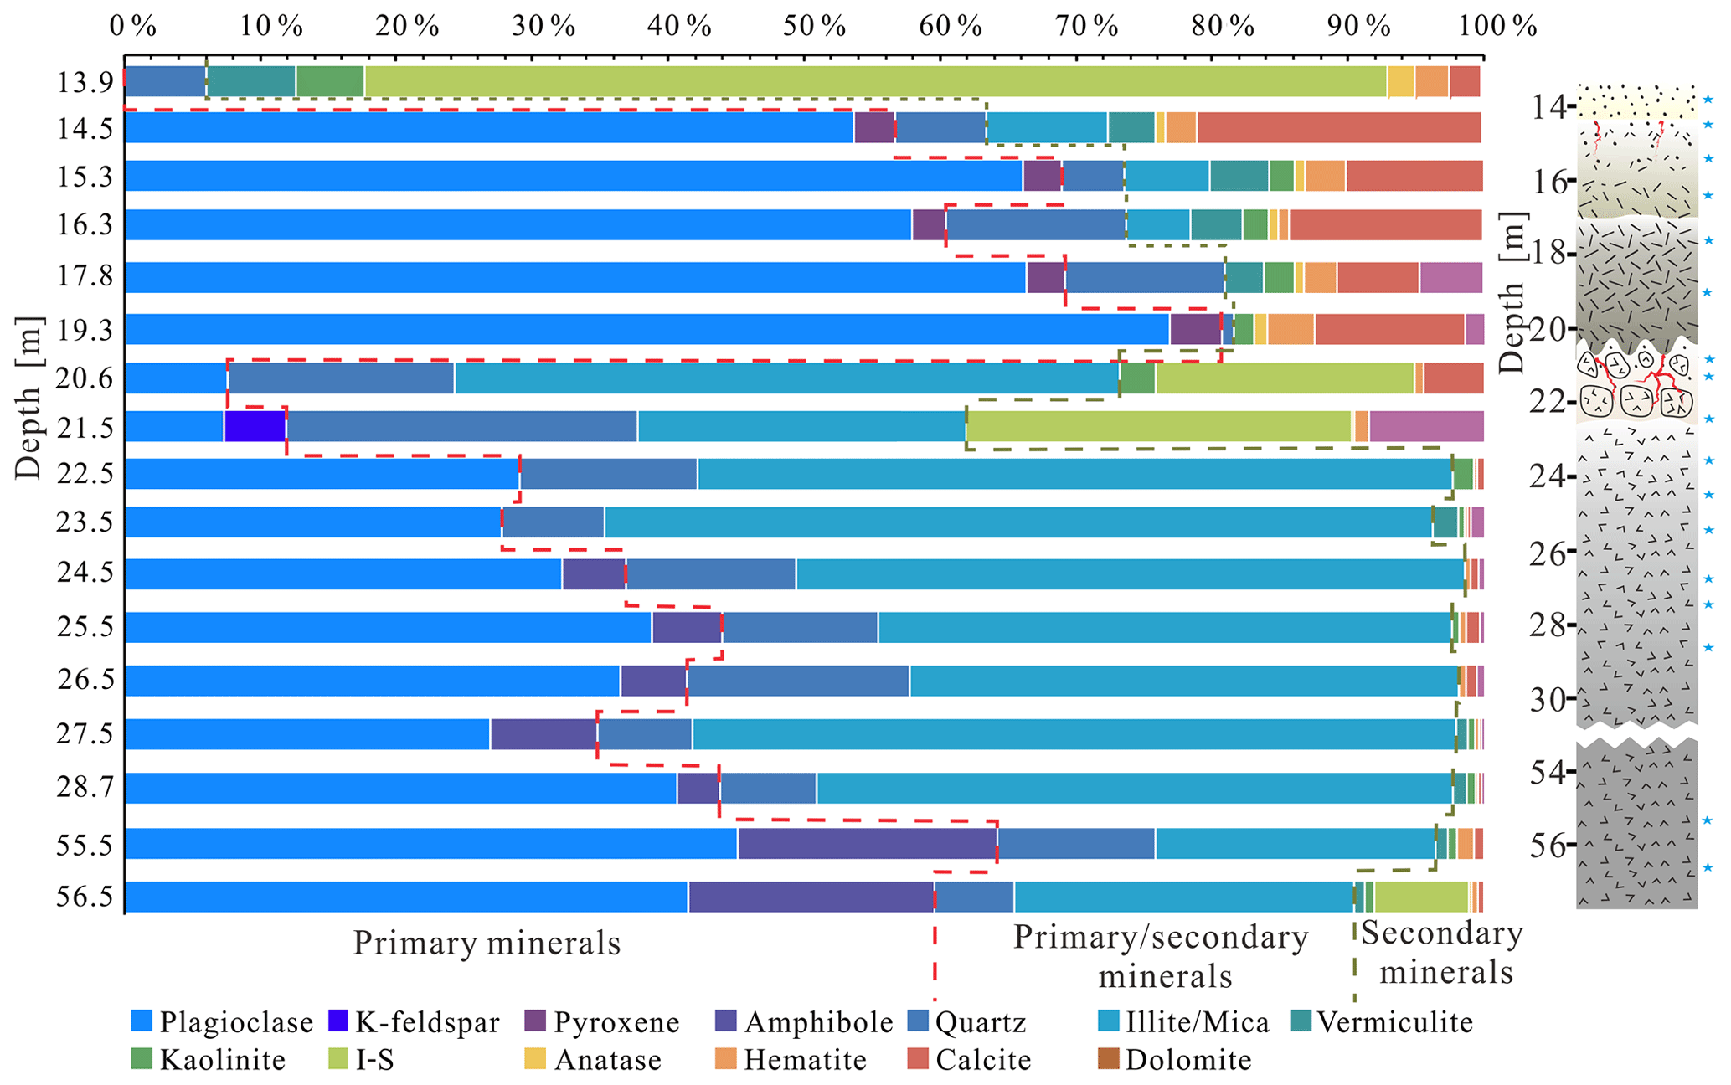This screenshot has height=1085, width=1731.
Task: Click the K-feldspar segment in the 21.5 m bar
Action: (255, 426)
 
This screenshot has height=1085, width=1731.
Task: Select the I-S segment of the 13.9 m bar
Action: (875, 82)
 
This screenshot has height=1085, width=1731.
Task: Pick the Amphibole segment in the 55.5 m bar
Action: (867, 844)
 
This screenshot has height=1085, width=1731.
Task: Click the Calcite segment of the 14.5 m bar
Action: (1338, 127)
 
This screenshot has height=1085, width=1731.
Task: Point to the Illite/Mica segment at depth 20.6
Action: (786, 378)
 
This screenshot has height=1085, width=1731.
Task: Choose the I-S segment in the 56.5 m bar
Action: (1421, 897)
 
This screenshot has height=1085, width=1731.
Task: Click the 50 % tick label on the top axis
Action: (814, 27)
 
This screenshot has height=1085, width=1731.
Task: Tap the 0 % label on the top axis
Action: (133, 27)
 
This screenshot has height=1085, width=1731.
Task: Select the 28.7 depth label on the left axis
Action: (85, 788)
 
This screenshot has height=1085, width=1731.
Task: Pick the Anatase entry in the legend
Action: (607, 1060)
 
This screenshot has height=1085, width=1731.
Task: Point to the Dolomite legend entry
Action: (1187, 1060)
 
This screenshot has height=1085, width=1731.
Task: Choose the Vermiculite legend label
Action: (1394, 1022)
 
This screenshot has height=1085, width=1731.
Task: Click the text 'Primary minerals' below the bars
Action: (487, 943)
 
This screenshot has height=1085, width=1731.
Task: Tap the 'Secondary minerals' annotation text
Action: (1441, 953)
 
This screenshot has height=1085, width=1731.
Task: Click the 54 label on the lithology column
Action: (1547, 773)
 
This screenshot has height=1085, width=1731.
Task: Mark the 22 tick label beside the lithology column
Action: (1547, 403)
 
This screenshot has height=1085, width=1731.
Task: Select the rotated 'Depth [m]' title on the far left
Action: (28, 398)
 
